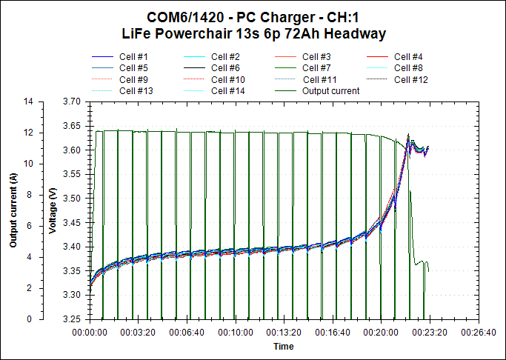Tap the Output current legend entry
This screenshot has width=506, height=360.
(x=330, y=91)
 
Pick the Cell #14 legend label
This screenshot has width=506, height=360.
(x=227, y=91)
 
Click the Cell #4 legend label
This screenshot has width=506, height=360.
(x=408, y=57)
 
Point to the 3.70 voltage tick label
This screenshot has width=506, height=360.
(x=73, y=101)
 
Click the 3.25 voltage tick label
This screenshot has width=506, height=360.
(x=73, y=319)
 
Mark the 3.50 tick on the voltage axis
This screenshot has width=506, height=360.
(x=73, y=199)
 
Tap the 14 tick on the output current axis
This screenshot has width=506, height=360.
(x=29, y=101)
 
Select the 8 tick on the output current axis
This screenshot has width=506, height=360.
(x=30, y=195)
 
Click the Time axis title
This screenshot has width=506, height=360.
(x=283, y=347)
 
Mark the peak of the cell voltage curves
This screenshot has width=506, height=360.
(x=408, y=136)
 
